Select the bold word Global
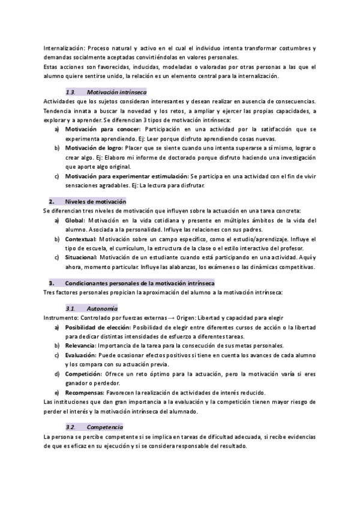74,220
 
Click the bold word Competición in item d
83,373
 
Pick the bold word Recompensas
85,392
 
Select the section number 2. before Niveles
52,202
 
